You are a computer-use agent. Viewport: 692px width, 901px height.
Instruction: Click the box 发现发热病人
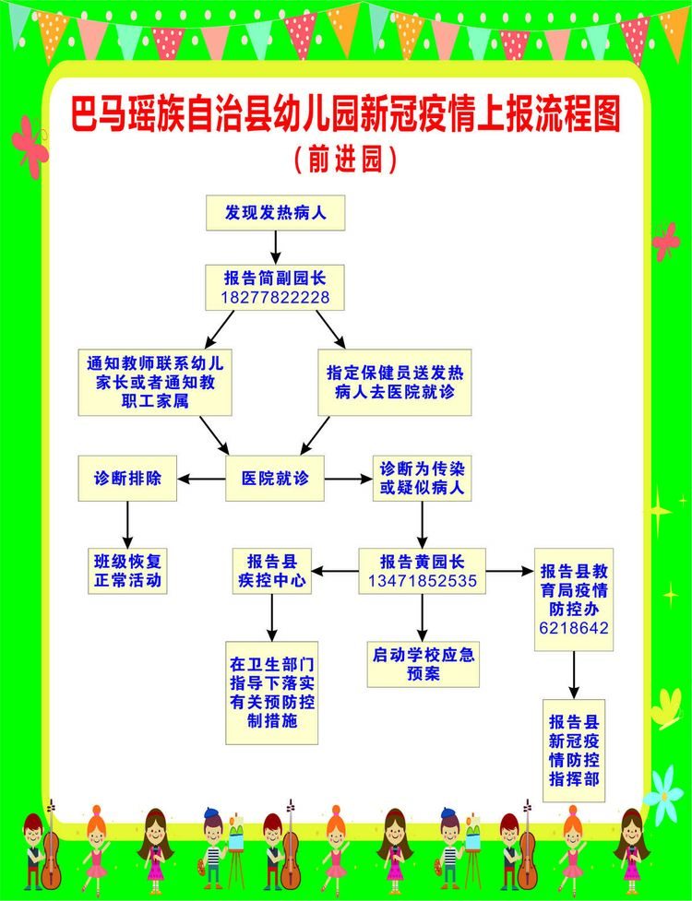click(x=275, y=213)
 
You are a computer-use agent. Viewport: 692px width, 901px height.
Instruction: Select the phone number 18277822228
click(x=275, y=298)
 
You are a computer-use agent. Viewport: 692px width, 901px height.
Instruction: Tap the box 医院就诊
click(x=275, y=478)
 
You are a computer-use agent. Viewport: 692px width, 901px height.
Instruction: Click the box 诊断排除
click(x=127, y=478)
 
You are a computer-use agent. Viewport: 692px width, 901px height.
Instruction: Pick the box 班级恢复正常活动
click(x=127, y=571)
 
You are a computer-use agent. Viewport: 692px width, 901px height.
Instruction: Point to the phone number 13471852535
click(x=423, y=580)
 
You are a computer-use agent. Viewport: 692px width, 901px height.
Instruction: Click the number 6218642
click(x=574, y=628)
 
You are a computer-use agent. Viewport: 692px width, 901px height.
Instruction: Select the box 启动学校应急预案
click(x=423, y=664)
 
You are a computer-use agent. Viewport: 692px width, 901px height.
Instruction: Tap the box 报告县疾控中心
click(x=272, y=571)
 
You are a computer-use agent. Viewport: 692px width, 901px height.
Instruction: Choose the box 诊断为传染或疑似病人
click(x=422, y=478)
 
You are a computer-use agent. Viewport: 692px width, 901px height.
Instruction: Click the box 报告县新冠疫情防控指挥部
click(x=574, y=751)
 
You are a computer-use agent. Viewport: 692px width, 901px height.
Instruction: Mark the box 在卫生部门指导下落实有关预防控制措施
click(x=272, y=693)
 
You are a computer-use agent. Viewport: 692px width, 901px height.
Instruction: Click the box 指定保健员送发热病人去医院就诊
click(x=395, y=382)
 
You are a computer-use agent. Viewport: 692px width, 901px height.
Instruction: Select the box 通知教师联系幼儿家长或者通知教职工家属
click(x=155, y=382)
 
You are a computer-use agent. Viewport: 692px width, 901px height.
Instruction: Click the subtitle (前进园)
click(x=345, y=160)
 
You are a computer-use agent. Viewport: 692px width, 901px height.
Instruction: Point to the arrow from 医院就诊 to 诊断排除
click(x=201, y=479)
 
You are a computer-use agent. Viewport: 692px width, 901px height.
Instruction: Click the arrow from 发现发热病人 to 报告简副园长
click(x=275, y=248)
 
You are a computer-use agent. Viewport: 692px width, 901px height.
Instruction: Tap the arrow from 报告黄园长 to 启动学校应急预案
click(x=423, y=618)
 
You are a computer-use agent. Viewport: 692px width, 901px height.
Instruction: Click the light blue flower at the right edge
click(x=663, y=796)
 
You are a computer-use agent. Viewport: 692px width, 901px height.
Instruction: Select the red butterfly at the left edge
click(x=30, y=146)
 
